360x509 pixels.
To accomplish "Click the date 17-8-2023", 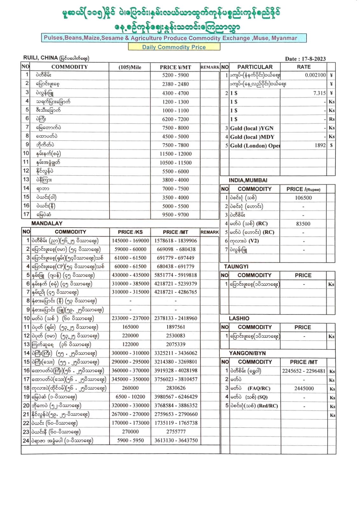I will click(314, 59).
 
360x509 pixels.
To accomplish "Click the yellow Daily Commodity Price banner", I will click(174, 47).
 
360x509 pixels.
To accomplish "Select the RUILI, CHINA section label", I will click(40, 58).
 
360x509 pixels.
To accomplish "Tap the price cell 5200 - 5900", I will click(175, 75).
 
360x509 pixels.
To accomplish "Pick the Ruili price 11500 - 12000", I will click(175, 154).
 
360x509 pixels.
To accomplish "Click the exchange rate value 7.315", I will click(319, 93).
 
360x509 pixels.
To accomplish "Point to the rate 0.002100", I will click(315, 75).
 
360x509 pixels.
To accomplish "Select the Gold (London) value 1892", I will click(320, 145).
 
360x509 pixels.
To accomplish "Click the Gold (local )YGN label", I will click(251, 128).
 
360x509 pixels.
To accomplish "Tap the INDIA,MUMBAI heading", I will click(248, 180).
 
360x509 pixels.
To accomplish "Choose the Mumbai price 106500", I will click(303, 198).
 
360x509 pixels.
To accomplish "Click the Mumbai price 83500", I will click(303, 224).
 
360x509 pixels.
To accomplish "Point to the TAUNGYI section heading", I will click(236, 266).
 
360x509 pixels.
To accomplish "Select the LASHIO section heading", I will click(239, 318).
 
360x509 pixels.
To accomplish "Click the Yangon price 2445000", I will click(304, 388).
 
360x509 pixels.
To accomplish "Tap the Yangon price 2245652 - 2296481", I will click(303, 371).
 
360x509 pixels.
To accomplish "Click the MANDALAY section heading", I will click(47, 223).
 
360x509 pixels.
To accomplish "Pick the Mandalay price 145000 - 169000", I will click(130, 241).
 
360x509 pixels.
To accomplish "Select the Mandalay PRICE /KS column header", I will click(130, 232).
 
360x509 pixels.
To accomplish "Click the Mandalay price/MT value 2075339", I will click(175, 344).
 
